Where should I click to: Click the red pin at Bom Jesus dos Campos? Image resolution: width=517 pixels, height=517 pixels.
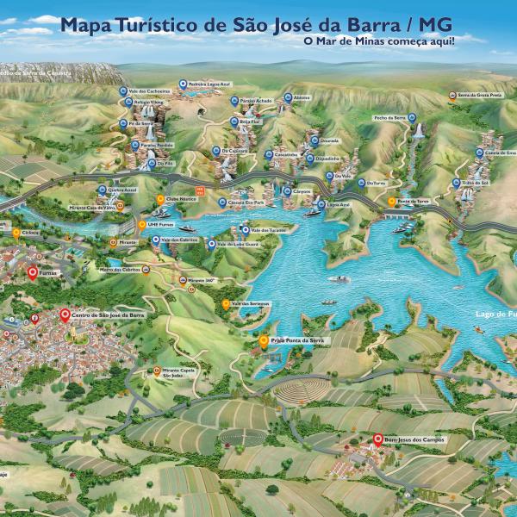pyautogui.click(x=376, y=439)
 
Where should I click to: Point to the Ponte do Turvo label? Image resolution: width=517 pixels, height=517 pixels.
pyautogui.click(x=412, y=201)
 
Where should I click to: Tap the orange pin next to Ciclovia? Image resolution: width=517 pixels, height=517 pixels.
pyautogui.click(x=16, y=232)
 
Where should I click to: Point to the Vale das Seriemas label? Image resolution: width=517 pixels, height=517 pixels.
pyautogui.click(x=248, y=303)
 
